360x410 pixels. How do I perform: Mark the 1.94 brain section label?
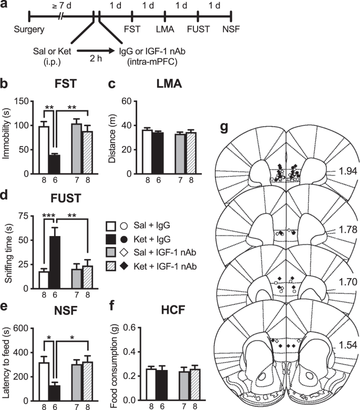349,171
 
